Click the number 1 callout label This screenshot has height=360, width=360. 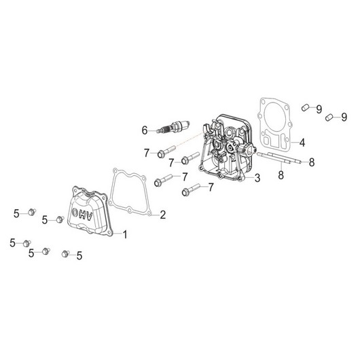[x=125, y=234]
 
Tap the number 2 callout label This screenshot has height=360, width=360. [x=163, y=215]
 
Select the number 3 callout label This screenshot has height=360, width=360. [x=257, y=178]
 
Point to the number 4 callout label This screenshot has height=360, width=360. [x=302, y=143]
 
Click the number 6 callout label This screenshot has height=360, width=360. [x=145, y=130]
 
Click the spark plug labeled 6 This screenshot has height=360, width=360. [x=173, y=126]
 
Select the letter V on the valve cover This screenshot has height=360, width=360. [x=89, y=217]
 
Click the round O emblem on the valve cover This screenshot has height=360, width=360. [x=75, y=213]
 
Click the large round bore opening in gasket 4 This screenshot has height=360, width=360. [x=274, y=116]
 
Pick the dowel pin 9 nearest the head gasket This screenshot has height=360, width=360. [x=306, y=107]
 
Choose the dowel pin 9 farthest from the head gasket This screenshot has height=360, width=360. [x=329, y=117]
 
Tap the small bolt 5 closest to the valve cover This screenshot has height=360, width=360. [x=60, y=219]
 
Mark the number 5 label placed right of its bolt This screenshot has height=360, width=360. [x=79, y=255]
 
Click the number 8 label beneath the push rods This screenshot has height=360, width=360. [x=281, y=175]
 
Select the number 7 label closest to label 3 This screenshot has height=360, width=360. [x=211, y=187]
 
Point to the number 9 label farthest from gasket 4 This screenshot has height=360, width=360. [x=344, y=117]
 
